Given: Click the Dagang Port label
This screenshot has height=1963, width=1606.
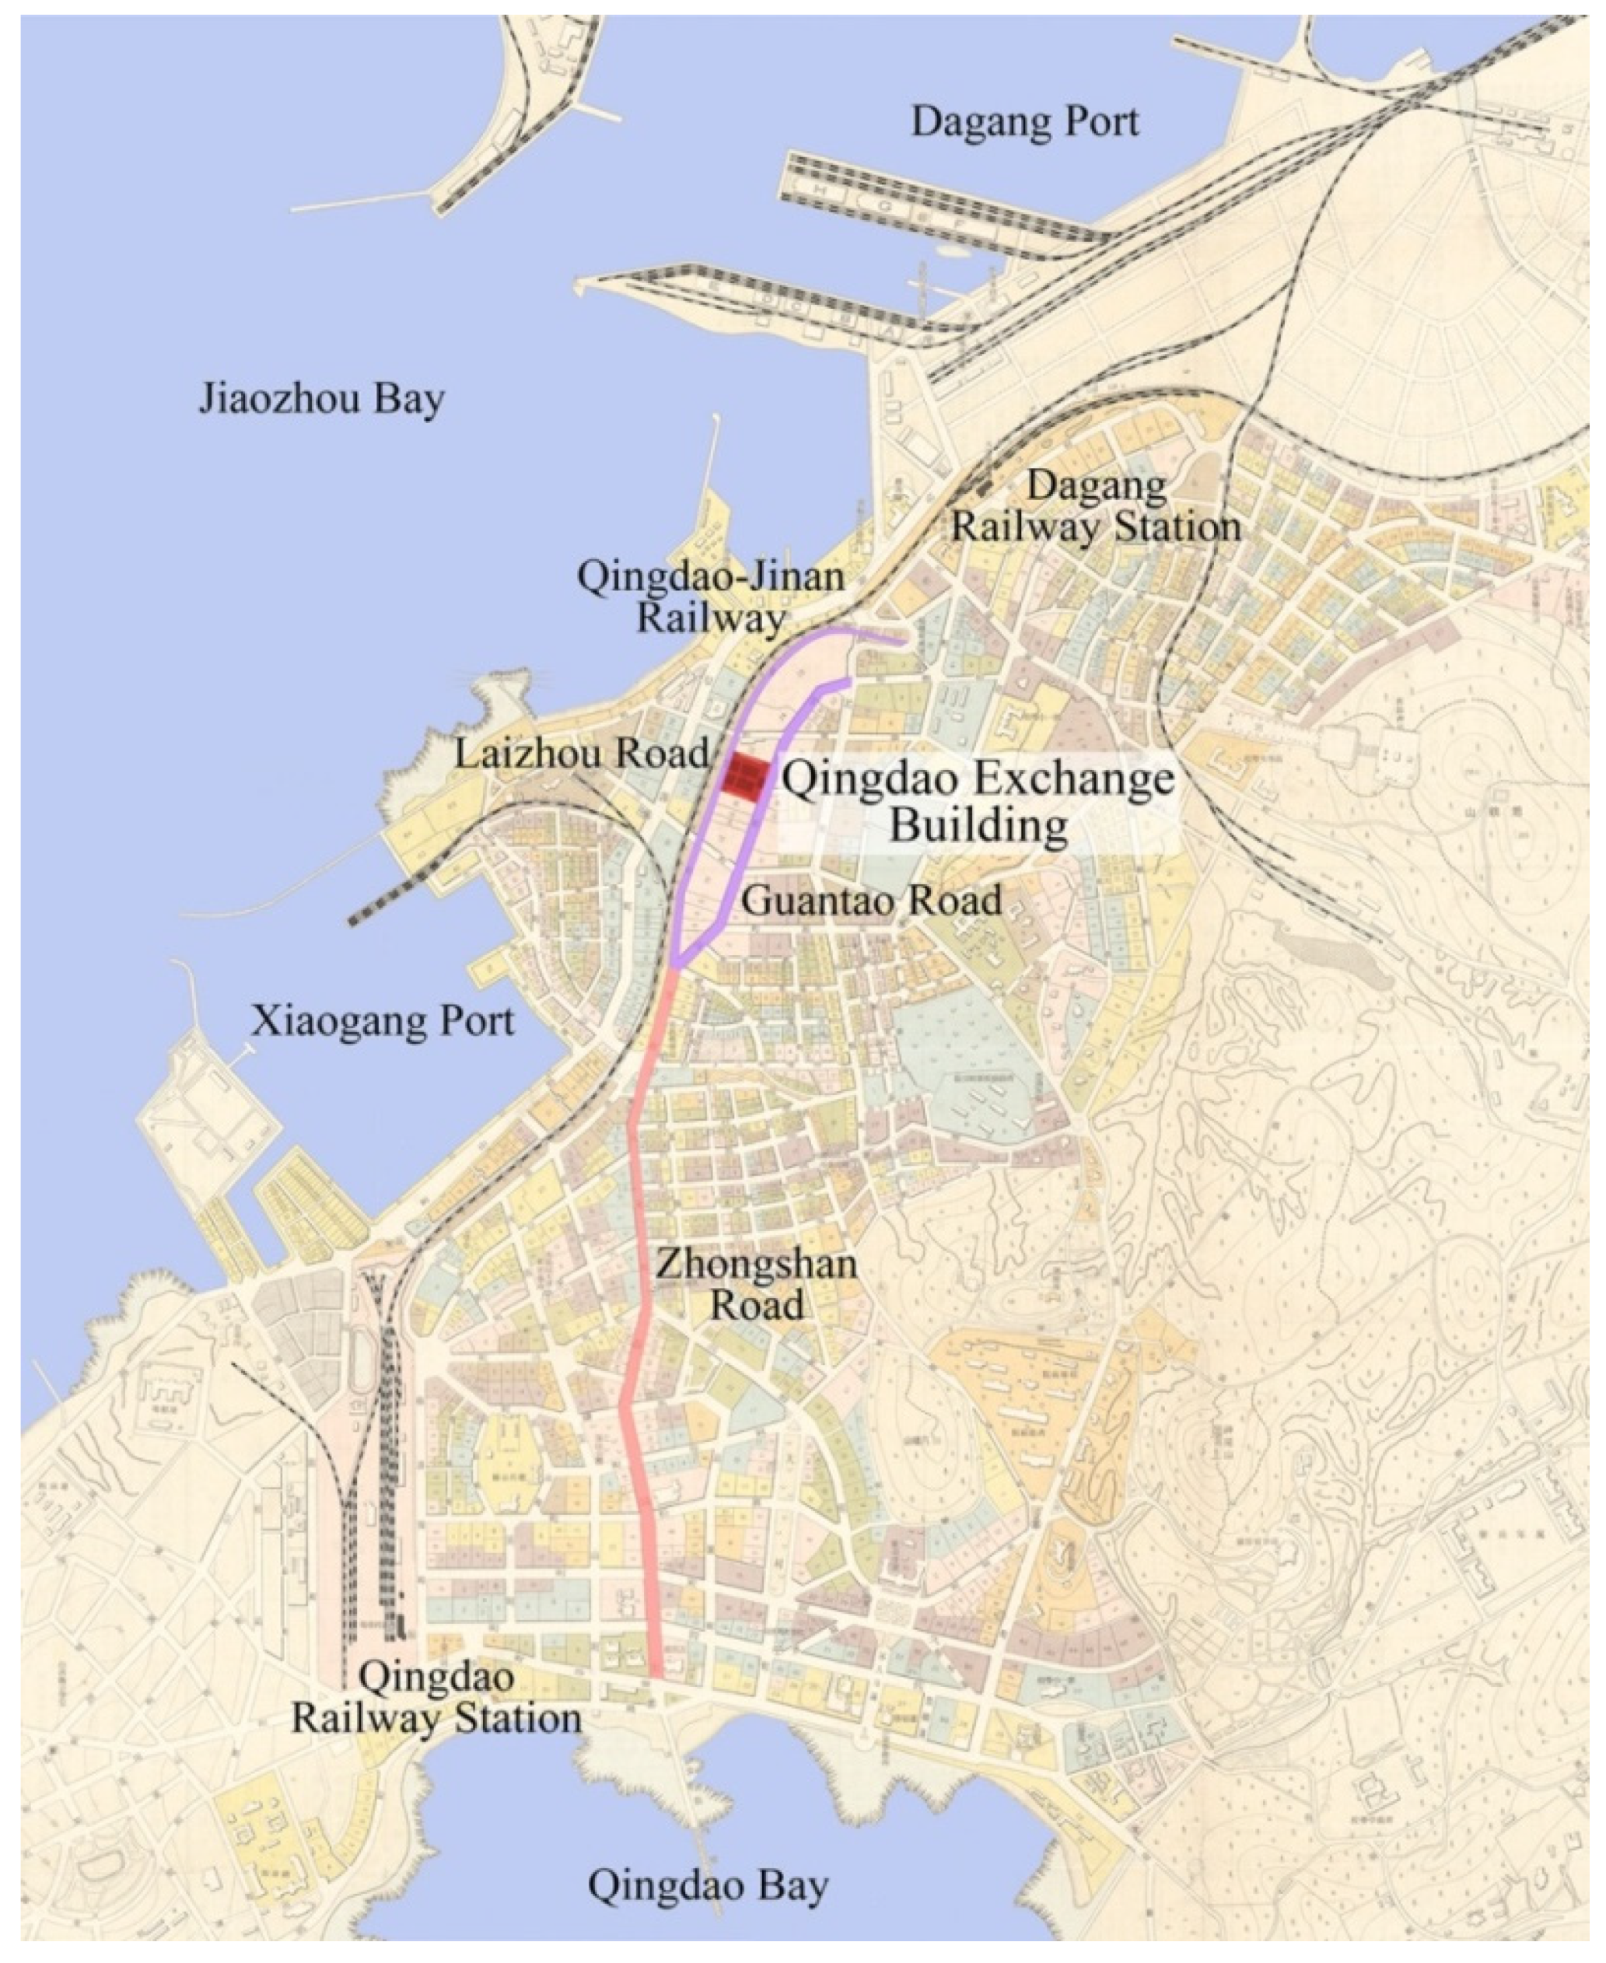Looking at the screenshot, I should click(1024, 122).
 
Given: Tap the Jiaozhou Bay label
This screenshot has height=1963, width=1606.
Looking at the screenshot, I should click(321, 400).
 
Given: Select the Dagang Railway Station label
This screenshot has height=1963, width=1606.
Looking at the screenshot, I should click(1097, 507).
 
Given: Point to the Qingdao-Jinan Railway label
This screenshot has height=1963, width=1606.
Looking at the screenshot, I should click(711, 597).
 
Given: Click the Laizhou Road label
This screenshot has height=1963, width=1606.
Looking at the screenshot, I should click(581, 754).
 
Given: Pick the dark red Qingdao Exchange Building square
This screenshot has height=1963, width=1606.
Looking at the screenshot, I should click(744, 777).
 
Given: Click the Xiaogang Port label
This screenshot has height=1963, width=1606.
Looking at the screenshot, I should click(383, 1021).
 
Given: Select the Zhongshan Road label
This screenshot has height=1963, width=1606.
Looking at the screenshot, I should click(756, 1285).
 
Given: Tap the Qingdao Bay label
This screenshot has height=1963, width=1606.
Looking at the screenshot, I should click(708, 1885).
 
